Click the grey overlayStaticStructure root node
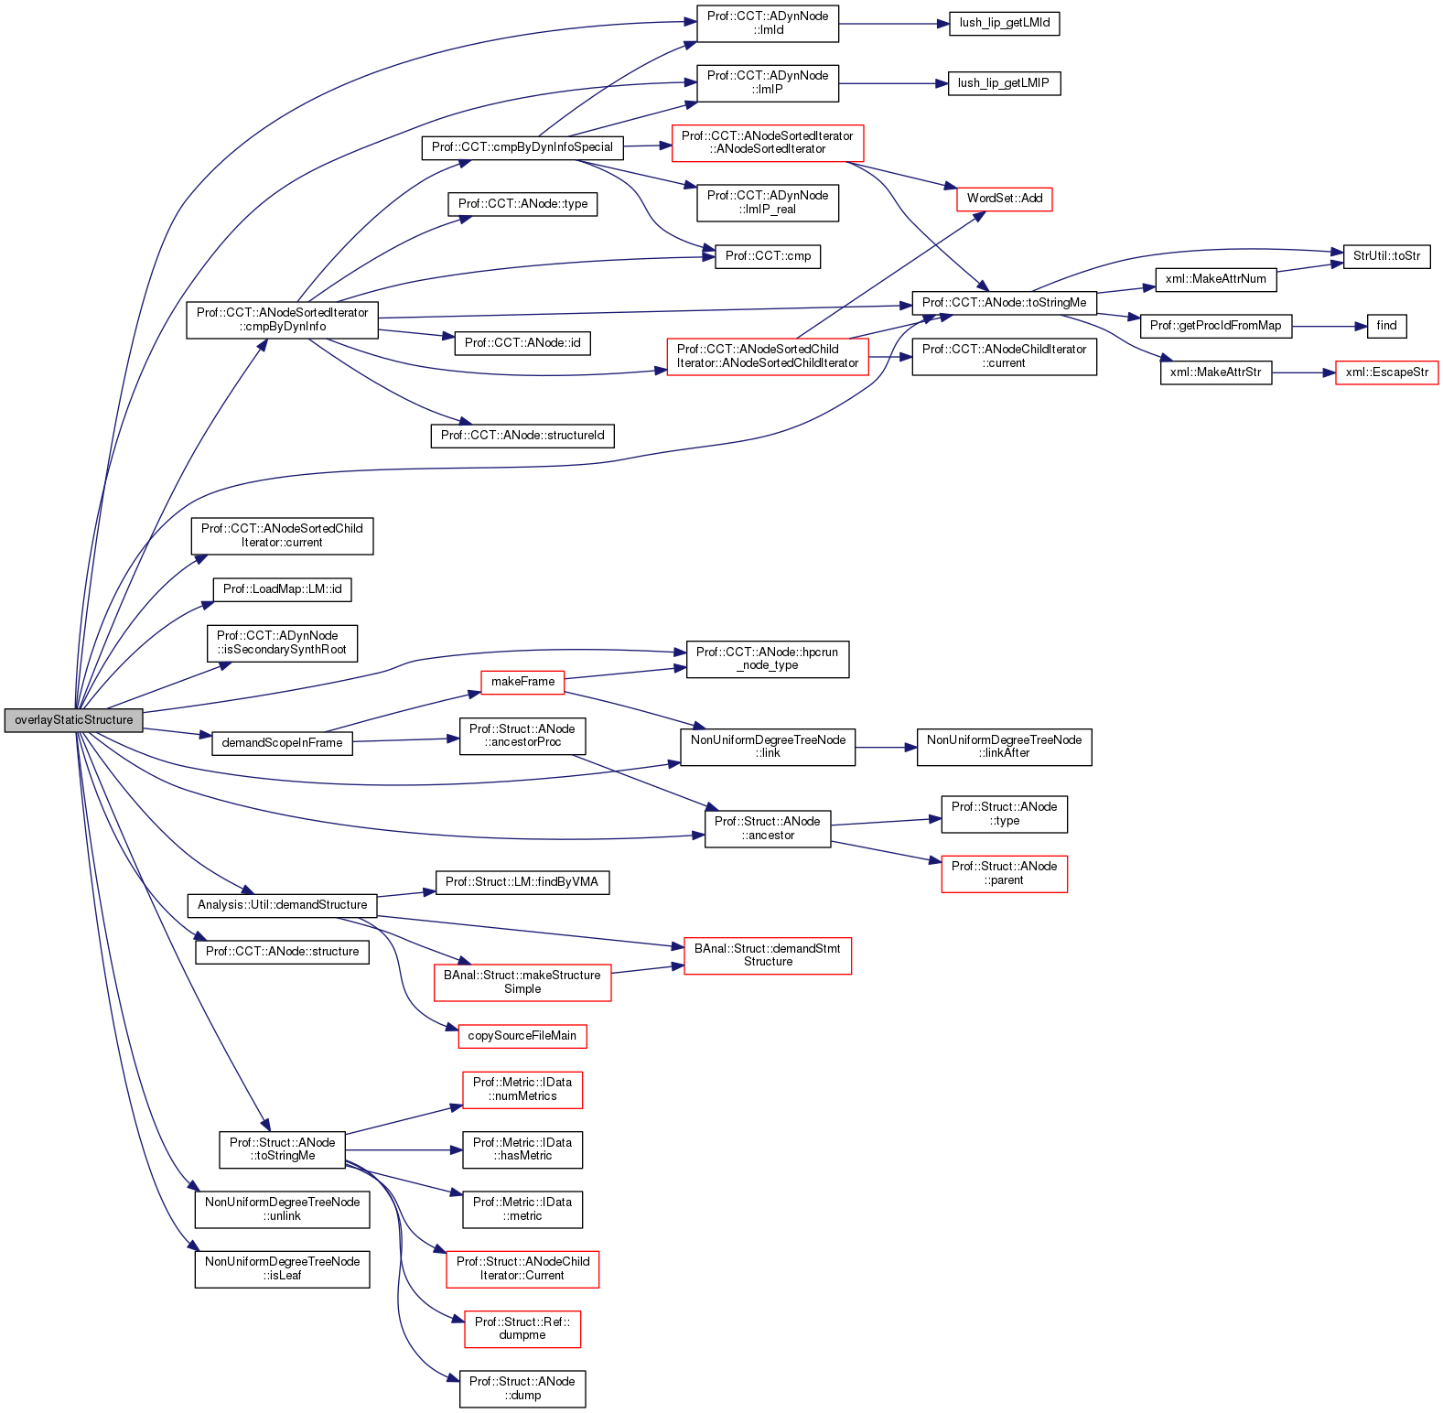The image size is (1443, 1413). click(x=74, y=720)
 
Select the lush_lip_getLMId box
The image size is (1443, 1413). click(x=1004, y=23)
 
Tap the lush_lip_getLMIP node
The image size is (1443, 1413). click(x=1004, y=83)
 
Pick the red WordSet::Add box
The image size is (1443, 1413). click(x=1004, y=199)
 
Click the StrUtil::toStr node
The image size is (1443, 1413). click(x=1386, y=256)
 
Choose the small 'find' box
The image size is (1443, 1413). click(x=1386, y=326)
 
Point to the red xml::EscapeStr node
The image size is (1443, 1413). click(x=1386, y=372)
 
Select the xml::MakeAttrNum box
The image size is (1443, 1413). click(x=1215, y=279)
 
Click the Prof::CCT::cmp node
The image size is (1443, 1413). click(x=768, y=256)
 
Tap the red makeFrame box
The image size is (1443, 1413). click(x=522, y=682)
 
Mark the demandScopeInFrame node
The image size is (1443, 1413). click(x=282, y=743)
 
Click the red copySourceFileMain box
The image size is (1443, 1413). click(x=522, y=1036)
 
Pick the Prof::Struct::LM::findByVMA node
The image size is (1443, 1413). click(x=522, y=882)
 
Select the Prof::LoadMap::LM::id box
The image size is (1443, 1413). click(x=282, y=589)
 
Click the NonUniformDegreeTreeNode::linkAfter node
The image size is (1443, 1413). click(x=1004, y=747)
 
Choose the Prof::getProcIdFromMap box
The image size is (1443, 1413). click(x=1215, y=326)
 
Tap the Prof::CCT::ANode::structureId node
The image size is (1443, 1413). click(x=522, y=436)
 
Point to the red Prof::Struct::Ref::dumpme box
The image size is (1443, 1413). click(x=522, y=1329)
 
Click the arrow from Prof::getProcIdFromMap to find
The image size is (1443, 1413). click(x=1330, y=326)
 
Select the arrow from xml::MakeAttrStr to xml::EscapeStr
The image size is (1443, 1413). click(x=1303, y=372)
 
